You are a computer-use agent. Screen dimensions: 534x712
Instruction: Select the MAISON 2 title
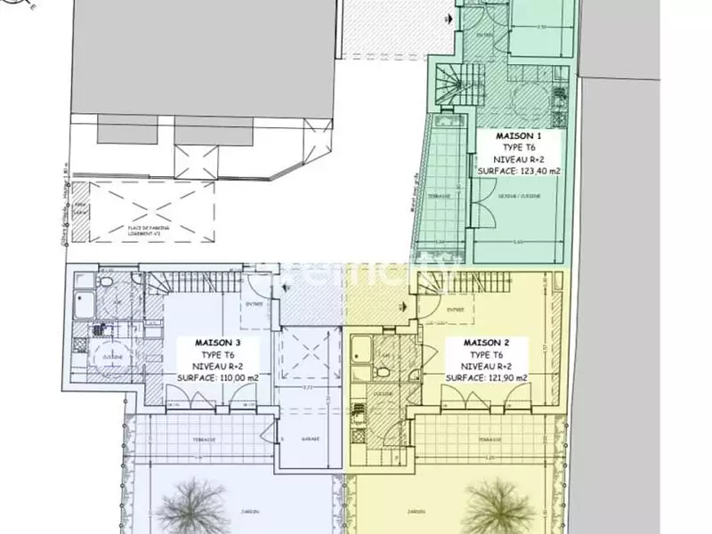tap(485, 342)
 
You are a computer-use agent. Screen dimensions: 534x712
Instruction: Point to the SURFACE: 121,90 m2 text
tap(485, 377)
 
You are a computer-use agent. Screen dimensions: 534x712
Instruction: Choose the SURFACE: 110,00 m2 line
tap(206, 377)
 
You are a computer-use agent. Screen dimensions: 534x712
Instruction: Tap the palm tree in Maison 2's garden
tap(490, 503)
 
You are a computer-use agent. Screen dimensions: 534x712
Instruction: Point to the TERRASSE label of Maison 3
tap(187, 439)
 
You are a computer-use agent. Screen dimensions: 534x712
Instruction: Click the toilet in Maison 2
tap(383, 371)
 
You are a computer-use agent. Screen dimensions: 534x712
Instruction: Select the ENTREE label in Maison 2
tap(456, 310)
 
